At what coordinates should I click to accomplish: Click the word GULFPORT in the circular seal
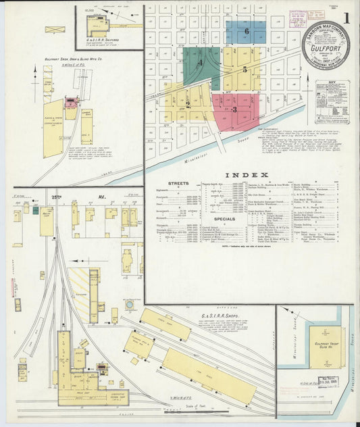(326, 49)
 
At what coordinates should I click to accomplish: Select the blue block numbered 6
(246, 32)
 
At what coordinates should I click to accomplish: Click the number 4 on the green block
(201, 63)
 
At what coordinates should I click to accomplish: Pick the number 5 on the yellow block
(245, 69)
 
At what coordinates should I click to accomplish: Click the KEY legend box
(332, 101)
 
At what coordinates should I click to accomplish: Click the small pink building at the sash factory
(70, 103)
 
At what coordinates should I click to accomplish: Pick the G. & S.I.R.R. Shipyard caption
(103, 40)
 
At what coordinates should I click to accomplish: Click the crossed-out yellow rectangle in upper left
(55, 30)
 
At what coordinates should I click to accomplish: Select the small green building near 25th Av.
(35, 210)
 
